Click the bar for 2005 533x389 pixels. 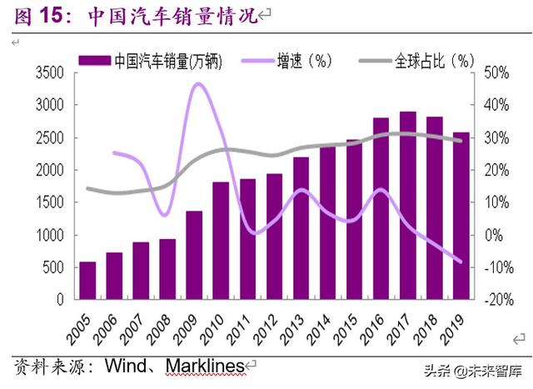(87, 281)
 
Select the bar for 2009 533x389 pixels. (194, 255)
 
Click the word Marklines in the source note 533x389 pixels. (204, 365)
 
